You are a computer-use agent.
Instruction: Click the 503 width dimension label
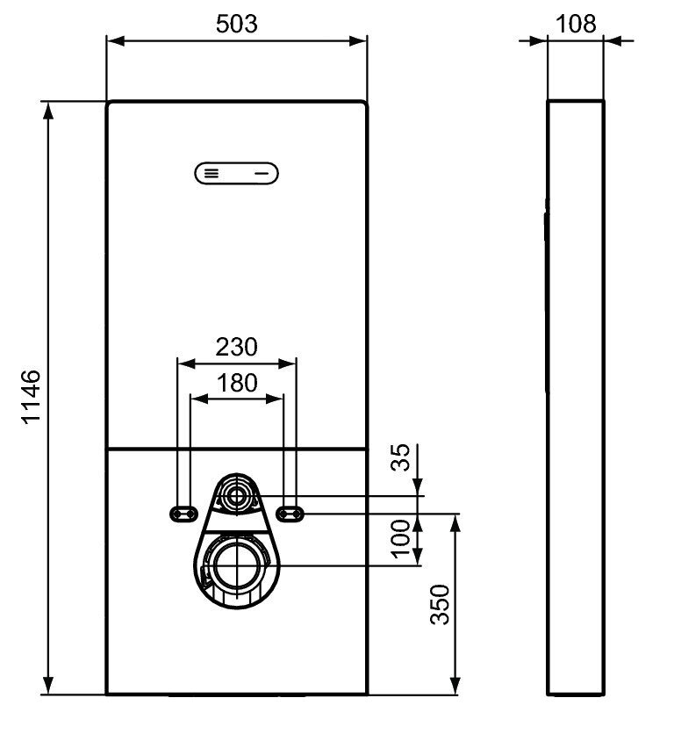[237, 24]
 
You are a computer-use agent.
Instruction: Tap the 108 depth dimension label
[576, 24]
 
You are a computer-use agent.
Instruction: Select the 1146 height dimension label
[32, 398]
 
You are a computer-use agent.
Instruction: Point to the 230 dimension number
[237, 347]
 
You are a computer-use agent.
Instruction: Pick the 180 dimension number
[237, 383]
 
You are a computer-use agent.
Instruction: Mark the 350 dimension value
[440, 604]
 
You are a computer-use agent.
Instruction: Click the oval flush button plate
[236, 174]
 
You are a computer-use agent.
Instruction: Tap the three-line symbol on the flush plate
[212, 174]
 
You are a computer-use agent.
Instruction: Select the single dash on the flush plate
[262, 174]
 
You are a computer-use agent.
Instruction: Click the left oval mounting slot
[183, 514]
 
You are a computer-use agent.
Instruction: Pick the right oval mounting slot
[290, 514]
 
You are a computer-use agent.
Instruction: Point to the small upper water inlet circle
[236, 496]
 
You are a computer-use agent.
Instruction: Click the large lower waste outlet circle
[236, 565]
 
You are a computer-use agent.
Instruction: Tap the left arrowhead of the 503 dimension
[116, 41]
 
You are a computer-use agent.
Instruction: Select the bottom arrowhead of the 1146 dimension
[47, 686]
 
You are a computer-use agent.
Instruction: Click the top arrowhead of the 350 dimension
[455, 523]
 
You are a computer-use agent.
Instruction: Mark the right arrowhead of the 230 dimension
[288, 363]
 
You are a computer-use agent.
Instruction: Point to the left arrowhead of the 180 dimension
[199, 399]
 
